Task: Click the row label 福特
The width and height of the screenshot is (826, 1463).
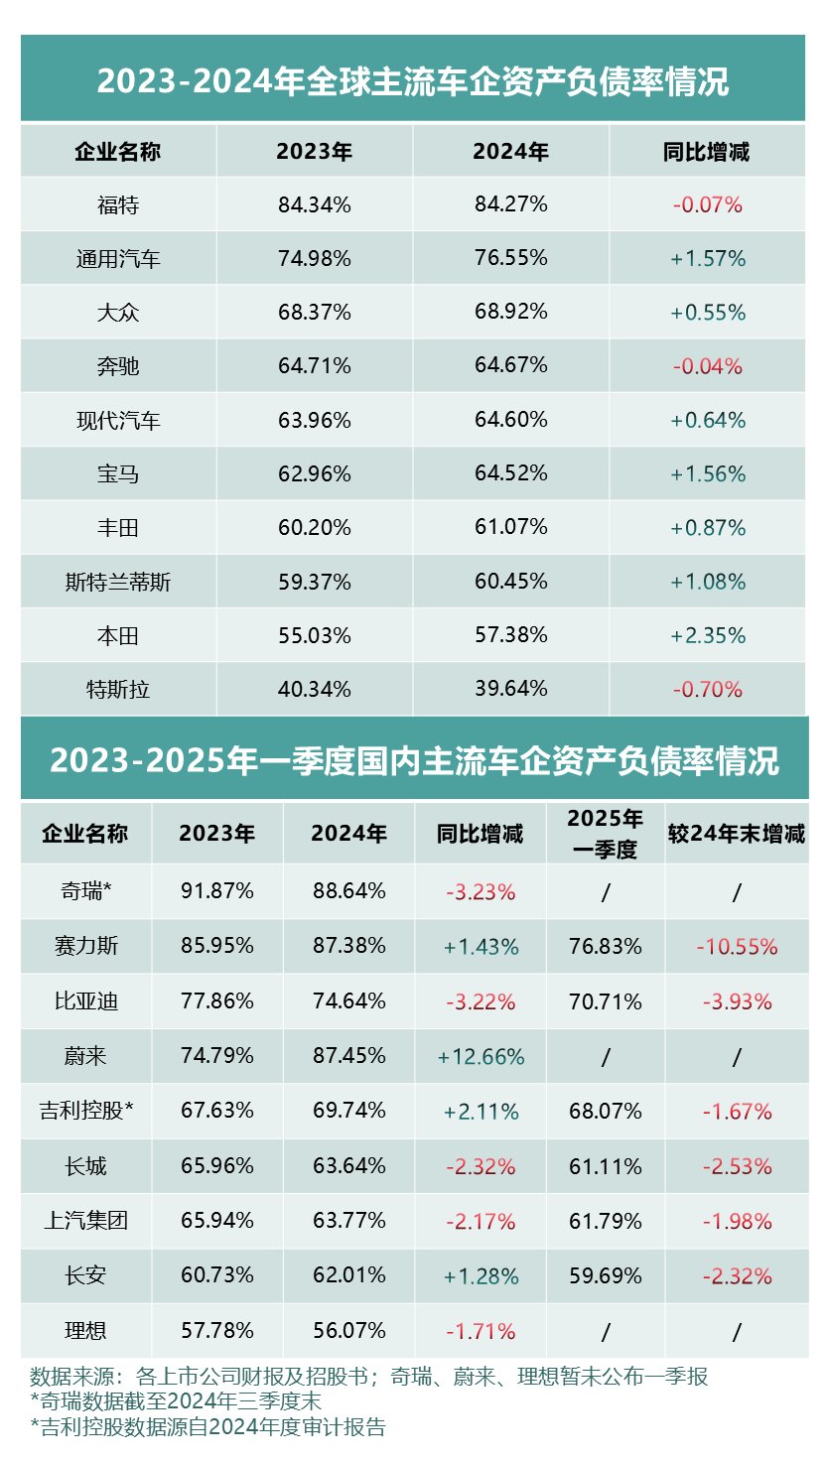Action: tap(118, 205)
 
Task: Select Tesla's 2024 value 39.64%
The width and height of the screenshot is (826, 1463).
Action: tap(510, 689)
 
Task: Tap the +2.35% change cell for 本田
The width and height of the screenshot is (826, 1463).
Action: tap(708, 635)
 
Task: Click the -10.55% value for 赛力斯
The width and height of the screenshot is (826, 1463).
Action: tap(737, 947)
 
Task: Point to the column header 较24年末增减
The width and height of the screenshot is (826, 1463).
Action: tap(737, 835)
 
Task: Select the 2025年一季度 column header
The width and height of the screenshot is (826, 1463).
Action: tap(606, 834)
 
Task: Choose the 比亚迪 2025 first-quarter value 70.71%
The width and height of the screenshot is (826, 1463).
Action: tap(606, 1001)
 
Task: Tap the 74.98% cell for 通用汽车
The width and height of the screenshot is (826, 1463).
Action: tap(315, 259)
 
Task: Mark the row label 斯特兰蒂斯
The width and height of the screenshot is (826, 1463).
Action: tap(118, 582)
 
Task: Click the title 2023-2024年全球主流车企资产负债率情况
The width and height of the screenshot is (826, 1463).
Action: tap(413, 81)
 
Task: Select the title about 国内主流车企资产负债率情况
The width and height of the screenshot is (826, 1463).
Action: tap(414, 761)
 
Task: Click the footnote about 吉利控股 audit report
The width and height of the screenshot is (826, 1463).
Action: tap(207, 1427)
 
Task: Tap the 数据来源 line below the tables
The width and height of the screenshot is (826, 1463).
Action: tap(368, 1377)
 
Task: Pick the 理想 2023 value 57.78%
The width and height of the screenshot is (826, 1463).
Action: tap(217, 1330)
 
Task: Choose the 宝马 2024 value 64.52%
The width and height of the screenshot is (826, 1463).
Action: tap(510, 473)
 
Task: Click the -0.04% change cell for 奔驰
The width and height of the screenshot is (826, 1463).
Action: tap(708, 366)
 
